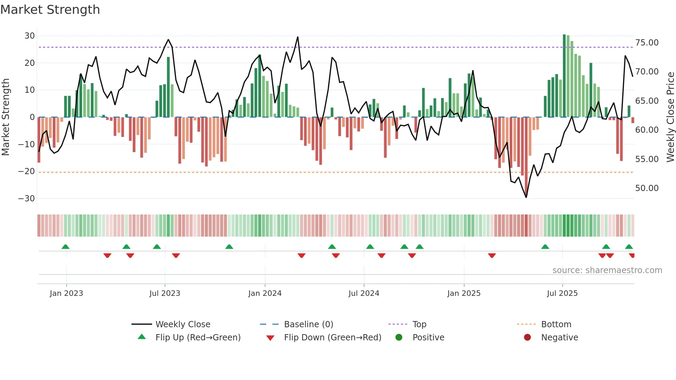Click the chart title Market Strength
pos(50,10)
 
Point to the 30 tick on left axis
pos(30,36)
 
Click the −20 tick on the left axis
pos(27,171)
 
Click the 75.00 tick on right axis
pos(647,43)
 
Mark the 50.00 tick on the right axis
pos(647,188)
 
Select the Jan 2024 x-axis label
pos(265,293)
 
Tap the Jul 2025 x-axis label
pos(562,293)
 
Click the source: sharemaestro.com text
pos(607,270)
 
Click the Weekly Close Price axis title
pos(670,117)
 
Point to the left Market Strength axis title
pos(6,117)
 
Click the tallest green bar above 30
pos(564,76)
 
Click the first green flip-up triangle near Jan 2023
pos(66,247)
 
